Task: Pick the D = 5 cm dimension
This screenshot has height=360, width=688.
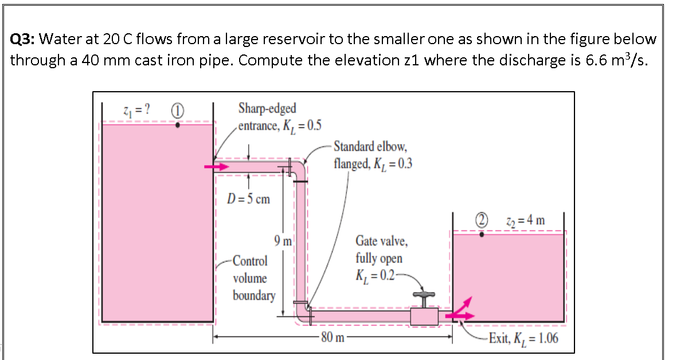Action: coord(248,199)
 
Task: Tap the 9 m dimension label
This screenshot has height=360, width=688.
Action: coord(283,241)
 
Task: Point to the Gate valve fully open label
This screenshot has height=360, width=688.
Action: coord(379,257)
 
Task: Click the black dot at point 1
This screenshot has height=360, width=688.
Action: coord(179,123)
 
